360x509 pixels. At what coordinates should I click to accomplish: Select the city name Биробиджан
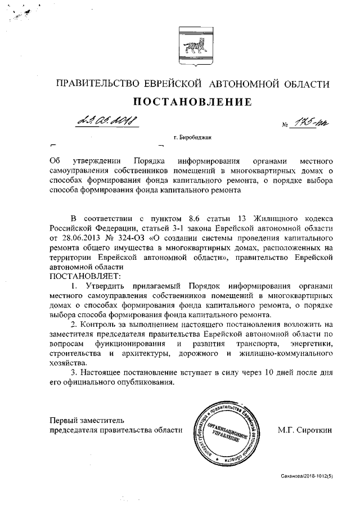click(x=197, y=137)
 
